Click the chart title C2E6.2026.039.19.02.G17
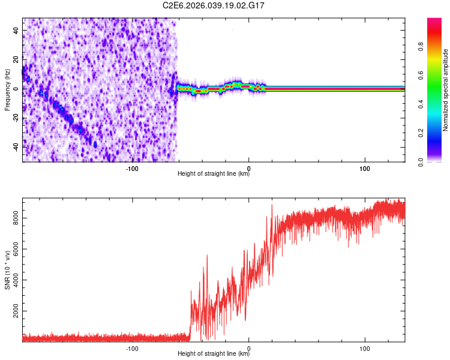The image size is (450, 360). coord(214,5)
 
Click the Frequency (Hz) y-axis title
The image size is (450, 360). coord(7,90)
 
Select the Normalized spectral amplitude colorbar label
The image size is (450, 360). coord(445,90)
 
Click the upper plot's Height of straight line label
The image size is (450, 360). coord(214,174)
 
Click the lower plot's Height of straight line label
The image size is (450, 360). coord(214,354)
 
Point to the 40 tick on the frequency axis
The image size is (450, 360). coord(16,30)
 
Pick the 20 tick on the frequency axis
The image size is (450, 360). coord(16,59)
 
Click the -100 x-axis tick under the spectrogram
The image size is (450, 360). coord(133,169)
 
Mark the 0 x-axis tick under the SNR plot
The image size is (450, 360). coord(249,348)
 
